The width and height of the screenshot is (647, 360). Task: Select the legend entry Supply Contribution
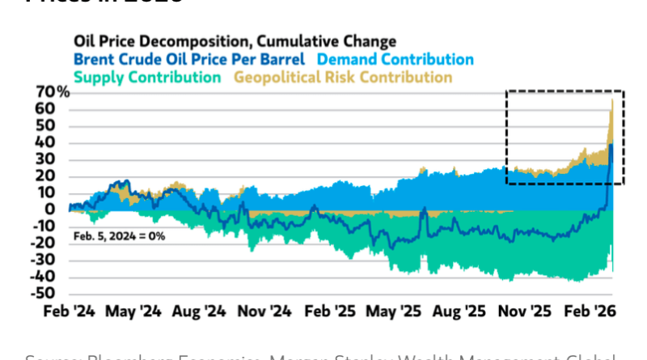point(146,78)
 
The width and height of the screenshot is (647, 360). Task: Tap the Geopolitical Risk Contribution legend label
point(343,78)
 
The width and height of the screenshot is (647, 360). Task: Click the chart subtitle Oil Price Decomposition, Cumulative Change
point(235,40)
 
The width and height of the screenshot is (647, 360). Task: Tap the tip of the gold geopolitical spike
point(612,100)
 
